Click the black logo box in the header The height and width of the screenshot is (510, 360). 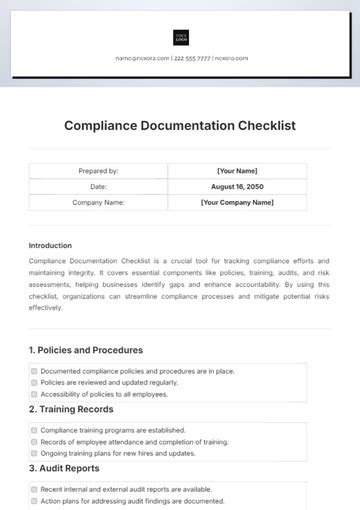181,38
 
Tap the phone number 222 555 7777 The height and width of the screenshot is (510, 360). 192,59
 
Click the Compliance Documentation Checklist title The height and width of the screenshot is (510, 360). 180,126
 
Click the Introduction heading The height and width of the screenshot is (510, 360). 50,245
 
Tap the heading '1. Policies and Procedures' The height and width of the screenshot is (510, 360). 85,350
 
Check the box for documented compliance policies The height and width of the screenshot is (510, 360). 34,371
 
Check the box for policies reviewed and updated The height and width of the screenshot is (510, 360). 34,383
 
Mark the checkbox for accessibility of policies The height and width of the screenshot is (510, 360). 34,394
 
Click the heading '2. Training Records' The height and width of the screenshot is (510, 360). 72,409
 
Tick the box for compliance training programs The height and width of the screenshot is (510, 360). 34,430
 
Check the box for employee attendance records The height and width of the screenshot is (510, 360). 34,441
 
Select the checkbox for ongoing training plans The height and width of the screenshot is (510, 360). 34,453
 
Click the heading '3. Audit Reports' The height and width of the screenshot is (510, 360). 64,468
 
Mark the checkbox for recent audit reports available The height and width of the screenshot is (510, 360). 34,489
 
